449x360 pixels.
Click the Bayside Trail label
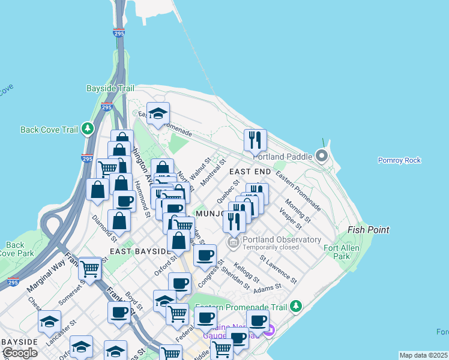110,88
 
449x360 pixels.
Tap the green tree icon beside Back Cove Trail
88,128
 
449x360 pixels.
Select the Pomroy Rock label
399,160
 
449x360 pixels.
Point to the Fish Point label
369,230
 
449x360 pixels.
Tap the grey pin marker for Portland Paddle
322,157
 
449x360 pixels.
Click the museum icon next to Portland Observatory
233,242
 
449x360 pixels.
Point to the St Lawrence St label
278,269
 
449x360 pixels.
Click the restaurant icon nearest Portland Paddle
255,140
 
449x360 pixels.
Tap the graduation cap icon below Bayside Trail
158,113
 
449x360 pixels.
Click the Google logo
20,353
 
